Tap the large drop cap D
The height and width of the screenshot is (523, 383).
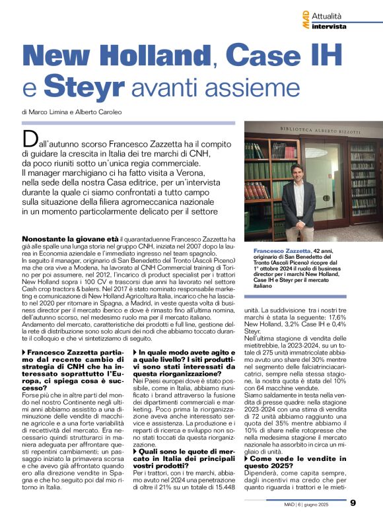(x=30, y=139)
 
